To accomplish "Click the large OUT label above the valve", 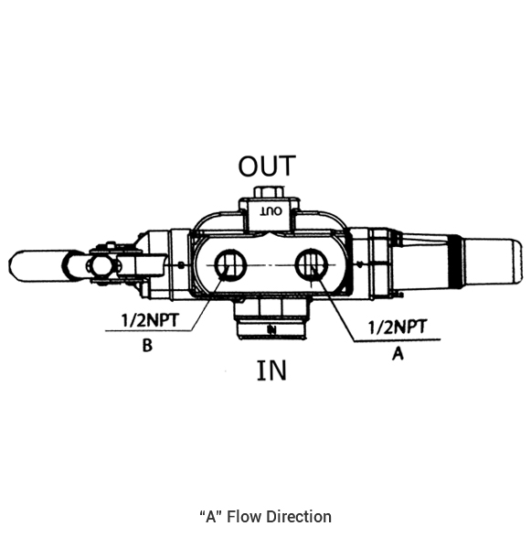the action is [267, 166].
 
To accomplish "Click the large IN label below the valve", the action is [271, 371].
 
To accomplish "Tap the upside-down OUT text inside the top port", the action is [271, 211].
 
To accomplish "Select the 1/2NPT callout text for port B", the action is [150, 320].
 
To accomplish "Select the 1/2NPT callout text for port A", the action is [398, 327].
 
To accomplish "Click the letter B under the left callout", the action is [147, 345].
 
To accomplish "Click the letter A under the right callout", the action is [398, 353].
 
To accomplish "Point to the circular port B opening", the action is [230, 265].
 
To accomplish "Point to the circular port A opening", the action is [312, 264].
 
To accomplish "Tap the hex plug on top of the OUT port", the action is [270, 192].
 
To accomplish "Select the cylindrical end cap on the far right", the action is [493, 262].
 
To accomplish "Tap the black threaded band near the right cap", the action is [456, 261].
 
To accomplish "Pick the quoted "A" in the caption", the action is [211, 517].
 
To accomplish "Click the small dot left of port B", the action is [181, 264].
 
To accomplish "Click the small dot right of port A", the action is [359, 264].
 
